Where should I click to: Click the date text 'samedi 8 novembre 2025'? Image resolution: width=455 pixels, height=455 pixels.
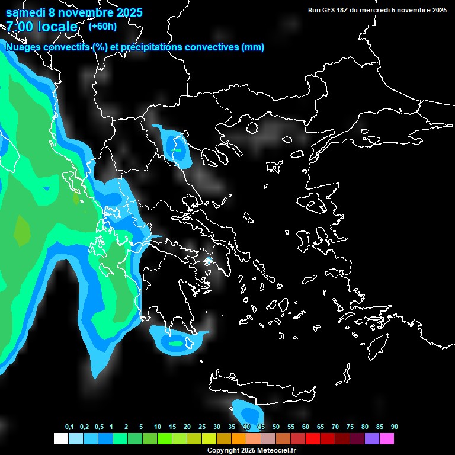(74, 12)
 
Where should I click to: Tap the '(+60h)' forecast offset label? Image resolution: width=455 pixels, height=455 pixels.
(102, 26)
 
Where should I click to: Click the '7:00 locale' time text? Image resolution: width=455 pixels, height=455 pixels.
(41, 27)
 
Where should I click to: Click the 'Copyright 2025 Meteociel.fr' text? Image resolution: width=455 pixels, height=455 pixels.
(251, 450)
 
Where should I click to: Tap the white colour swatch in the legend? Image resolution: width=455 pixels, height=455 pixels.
(60, 439)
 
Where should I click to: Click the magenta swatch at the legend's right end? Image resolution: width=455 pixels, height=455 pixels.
(387, 439)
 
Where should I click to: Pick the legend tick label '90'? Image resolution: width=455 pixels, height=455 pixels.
(394, 427)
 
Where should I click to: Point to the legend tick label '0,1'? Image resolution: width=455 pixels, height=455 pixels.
(69, 427)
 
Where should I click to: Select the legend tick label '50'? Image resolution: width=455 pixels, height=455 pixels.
(275, 427)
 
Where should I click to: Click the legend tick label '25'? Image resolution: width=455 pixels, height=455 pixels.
(201, 427)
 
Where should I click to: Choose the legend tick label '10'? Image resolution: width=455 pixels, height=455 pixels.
(157, 427)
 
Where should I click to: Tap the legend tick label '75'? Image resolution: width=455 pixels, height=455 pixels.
(350, 427)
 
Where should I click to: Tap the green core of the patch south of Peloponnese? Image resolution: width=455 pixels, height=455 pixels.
(176, 343)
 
